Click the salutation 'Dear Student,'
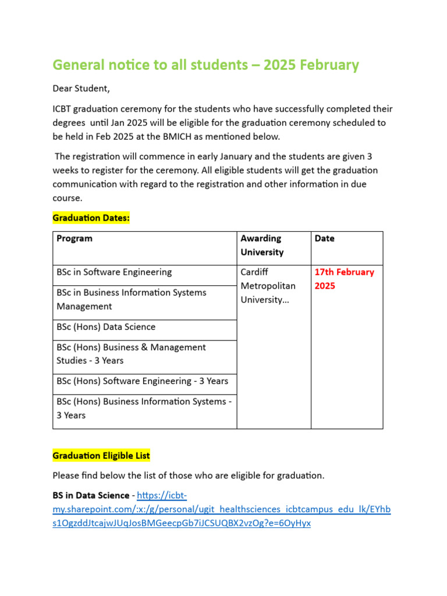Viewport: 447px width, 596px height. click(81, 89)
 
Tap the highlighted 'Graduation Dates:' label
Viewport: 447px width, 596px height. click(91, 218)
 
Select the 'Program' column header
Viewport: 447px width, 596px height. click(74, 239)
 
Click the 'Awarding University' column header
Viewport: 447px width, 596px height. click(262, 245)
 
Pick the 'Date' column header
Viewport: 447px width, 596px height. click(325, 239)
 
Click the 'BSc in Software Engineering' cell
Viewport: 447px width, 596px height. click(114, 272)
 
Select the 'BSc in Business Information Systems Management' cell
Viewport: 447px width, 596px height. click(132, 299)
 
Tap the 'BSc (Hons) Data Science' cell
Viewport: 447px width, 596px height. click(106, 327)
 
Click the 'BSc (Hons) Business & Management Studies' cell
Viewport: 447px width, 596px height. click(131, 354)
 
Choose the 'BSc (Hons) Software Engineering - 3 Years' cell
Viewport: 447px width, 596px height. click(143, 381)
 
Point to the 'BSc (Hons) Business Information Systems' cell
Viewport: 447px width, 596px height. click(144, 408)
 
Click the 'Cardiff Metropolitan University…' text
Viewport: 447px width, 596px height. click(268, 286)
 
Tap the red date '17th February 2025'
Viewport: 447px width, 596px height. click(344, 279)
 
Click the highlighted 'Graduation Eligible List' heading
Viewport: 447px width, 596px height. click(101, 455)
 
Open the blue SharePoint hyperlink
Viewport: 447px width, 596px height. click(221, 509)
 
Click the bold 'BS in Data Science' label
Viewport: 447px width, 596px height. click(91, 495)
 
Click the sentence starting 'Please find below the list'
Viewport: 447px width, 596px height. click(188, 476)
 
